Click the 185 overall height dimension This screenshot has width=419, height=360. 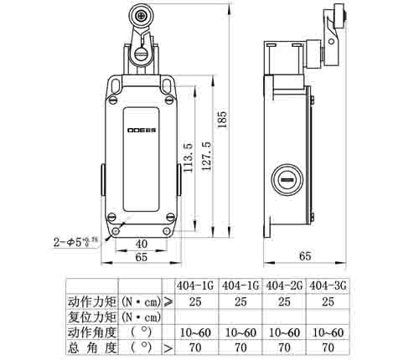221,121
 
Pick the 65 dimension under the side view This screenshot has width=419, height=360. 306,255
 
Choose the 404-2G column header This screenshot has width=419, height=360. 283,285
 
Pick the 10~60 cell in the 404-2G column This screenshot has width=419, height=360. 283,332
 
